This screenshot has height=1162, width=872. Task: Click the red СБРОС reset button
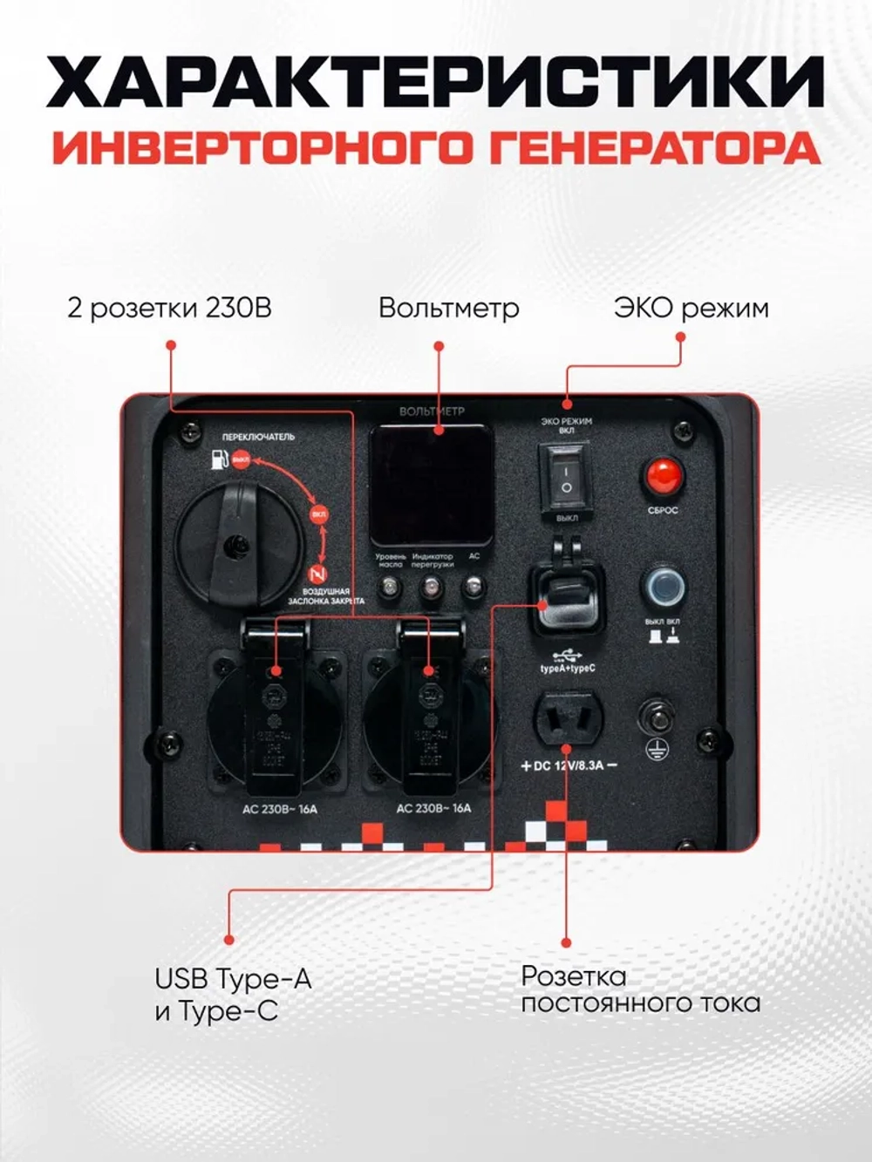[663, 477]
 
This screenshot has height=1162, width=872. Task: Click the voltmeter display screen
[432, 484]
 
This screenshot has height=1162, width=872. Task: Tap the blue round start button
[663, 588]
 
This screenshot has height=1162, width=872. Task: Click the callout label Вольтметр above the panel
[449, 309]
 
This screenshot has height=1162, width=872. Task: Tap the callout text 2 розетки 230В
[169, 309]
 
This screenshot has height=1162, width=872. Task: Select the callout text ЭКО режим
[691, 309]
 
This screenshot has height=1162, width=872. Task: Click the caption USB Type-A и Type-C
[233, 995]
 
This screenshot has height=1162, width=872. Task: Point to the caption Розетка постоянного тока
[640, 989]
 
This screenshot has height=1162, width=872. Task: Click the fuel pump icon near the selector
[218, 459]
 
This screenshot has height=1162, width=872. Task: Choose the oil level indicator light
[390, 587]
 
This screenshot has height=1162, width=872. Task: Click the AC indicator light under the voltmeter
[473, 587]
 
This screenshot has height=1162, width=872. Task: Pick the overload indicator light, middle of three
[431, 587]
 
